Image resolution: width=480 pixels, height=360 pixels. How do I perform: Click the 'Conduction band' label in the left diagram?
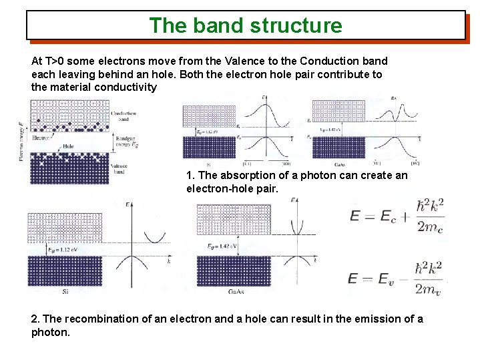123,117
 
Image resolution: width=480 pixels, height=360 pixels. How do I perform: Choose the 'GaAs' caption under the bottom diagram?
235,292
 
